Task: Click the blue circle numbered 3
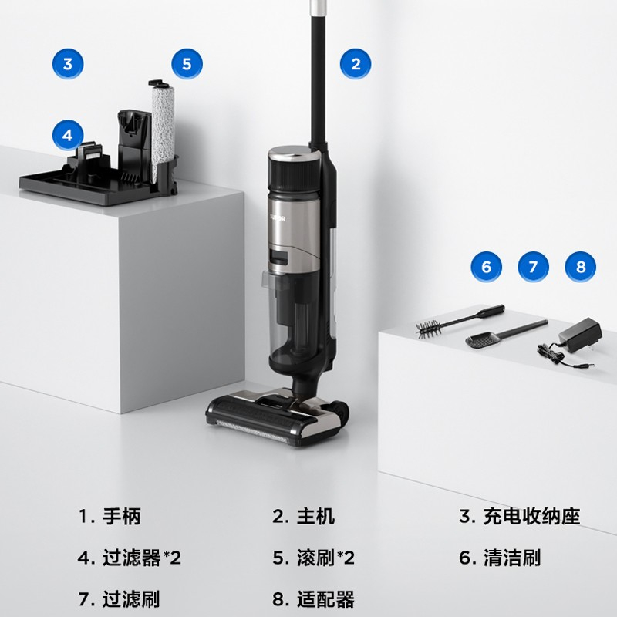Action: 68,64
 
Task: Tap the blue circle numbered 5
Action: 187,64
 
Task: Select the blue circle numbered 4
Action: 68,136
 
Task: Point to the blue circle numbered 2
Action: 356,64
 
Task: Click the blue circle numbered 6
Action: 487,267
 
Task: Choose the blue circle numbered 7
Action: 533,267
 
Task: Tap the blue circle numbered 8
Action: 581,267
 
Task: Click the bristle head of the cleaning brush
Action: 428,329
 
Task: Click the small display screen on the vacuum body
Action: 278,258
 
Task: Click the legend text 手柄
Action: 122,516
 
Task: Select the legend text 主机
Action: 315,516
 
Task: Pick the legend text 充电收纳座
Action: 531,516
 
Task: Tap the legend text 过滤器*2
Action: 142,558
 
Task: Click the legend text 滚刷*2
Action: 325,558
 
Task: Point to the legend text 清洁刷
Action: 512,558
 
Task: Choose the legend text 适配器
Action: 325,599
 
